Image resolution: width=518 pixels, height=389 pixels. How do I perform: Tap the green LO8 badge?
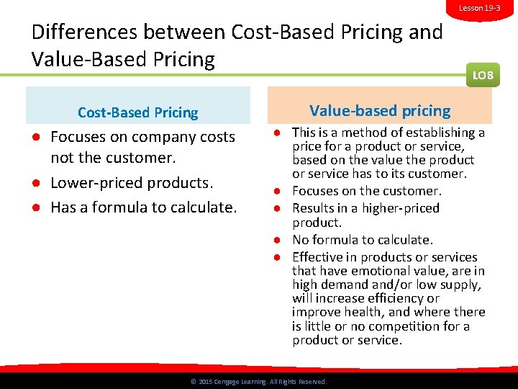[482, 74]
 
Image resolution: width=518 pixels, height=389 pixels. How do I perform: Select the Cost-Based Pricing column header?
[137, 112]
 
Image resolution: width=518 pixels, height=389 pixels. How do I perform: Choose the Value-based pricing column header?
[380, 111]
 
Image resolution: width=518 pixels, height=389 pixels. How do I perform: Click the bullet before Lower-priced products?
[35, 183]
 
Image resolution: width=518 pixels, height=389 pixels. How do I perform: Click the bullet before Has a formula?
[35, 207]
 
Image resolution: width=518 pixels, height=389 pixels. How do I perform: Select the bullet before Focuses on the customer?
[276, 192]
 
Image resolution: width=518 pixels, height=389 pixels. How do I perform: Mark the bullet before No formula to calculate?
[276, 240]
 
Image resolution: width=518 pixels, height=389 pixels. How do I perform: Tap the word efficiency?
[396, 298]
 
